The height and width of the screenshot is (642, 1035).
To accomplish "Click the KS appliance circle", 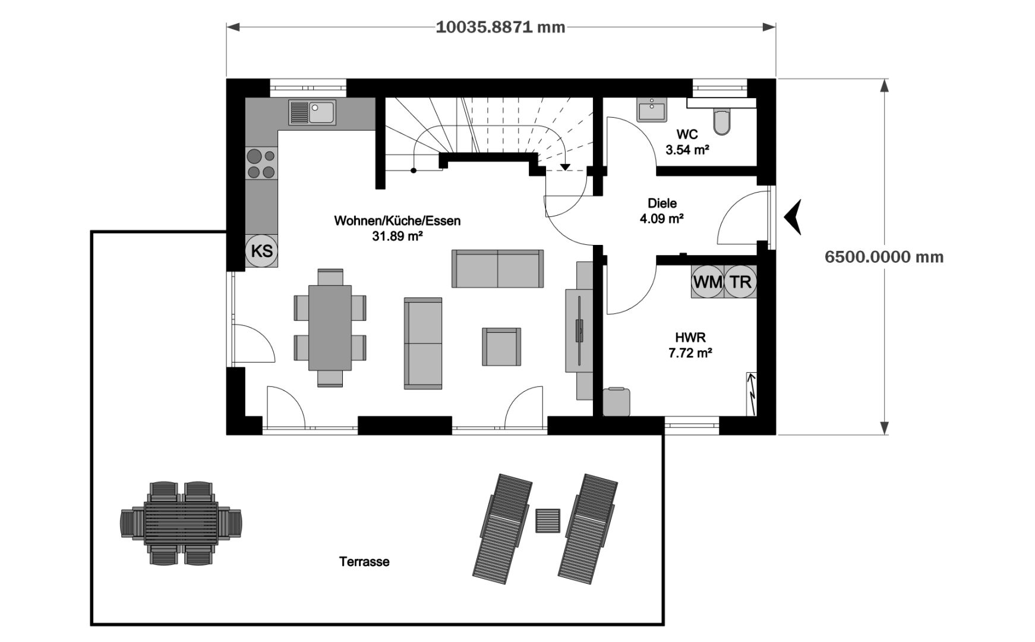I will coord(261,251).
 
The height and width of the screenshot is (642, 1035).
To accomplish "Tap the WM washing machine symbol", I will coord(708,282).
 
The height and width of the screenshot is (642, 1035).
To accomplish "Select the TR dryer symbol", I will coord(740,282).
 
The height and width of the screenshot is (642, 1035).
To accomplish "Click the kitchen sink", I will coord(313,112).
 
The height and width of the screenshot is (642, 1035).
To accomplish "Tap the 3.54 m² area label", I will coord(687,150).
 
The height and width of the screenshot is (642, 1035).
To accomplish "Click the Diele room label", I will coord(662,203).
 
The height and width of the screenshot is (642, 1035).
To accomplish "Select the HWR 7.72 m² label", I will coord(690,345).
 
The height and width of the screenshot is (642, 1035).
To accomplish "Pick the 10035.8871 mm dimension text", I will coord(500,27).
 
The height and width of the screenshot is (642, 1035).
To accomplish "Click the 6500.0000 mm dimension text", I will coord(884,257).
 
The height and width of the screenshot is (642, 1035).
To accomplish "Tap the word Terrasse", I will coord(364,562).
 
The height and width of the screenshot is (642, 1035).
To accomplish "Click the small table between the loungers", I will coord(547,521).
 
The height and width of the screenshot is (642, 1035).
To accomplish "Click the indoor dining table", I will coord(330,328).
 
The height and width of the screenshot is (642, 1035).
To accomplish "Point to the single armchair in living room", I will coord(501,347).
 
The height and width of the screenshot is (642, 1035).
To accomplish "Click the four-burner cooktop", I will coord(261,164).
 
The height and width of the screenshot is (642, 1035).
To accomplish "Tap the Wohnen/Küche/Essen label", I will coord(397,221).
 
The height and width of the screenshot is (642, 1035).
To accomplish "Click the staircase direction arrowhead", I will coord(564,167).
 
